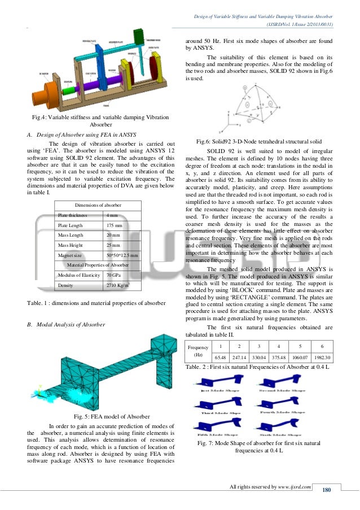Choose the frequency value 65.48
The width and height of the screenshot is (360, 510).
click(x=220, y=358)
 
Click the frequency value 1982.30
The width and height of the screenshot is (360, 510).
click(x=322, y=358)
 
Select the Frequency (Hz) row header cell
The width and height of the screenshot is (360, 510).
click(x=197, y=352)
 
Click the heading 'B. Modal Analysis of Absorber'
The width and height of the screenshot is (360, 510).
click(x=66, y=325)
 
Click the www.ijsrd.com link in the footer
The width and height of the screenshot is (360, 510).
click(x=295, y=487)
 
